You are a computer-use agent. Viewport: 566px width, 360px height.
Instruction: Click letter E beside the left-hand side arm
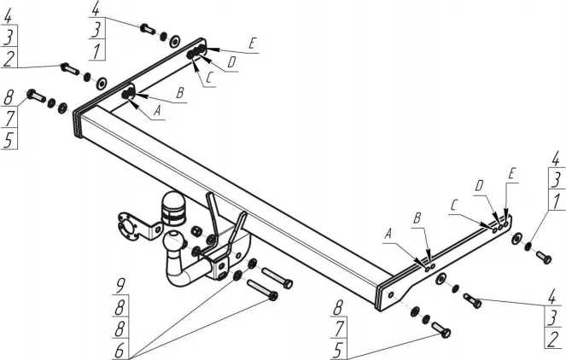253,42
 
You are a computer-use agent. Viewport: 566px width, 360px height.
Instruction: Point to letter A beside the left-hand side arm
157,109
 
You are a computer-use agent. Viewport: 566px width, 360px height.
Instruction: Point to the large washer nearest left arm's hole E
173,40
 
